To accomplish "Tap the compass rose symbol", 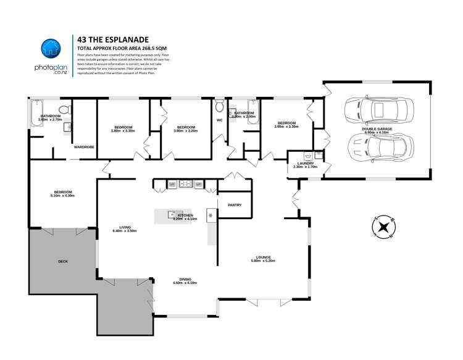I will [383, 227].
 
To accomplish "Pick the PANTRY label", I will [235, 204].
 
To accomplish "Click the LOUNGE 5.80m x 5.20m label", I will [262, 259].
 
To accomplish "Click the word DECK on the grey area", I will [63, 261].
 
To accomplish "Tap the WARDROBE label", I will [84, 148].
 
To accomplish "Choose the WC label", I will [219, 120].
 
